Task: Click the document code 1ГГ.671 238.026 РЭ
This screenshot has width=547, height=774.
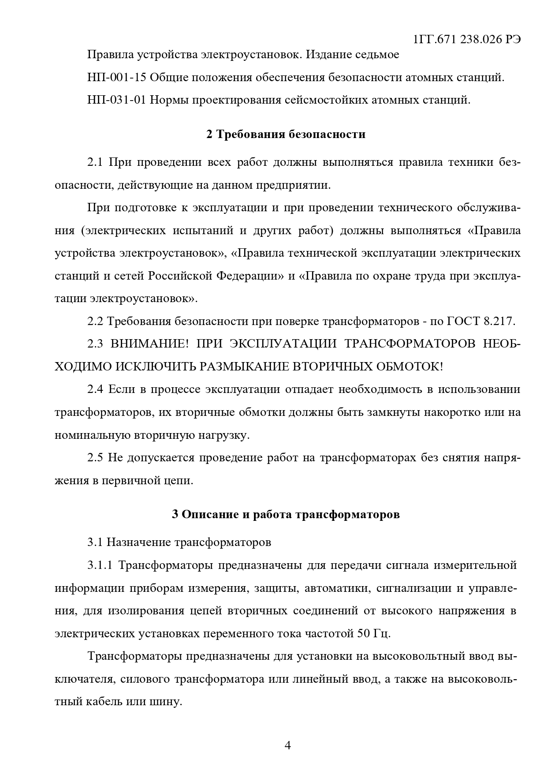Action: (x=467, y=39)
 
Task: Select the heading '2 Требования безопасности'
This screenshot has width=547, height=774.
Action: (x=286, y=134)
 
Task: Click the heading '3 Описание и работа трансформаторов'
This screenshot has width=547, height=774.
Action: (x=286, y=514)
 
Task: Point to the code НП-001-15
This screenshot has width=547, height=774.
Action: (x=117, y=78)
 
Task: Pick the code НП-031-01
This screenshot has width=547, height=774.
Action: (x=117, y=100)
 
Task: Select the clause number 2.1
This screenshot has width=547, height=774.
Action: (x=95, y=162)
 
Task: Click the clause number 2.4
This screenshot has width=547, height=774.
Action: (x=95, y=389)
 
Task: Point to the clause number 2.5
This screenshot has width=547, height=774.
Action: (x=95, y=457)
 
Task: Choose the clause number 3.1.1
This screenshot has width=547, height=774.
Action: (x=100, y=565)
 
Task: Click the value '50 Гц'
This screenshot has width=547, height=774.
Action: (x=372, y=634)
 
